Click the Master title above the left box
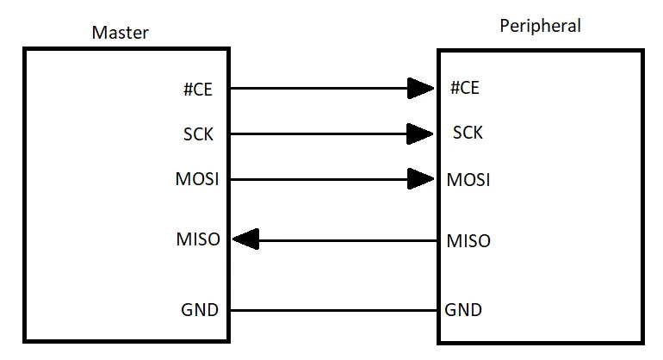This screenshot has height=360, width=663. point(120,33)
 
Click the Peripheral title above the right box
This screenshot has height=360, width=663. point(540,26)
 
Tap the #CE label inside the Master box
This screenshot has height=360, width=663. point(197,88)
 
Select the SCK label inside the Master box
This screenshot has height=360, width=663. point(198,134)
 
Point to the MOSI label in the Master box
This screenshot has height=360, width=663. point(196,180)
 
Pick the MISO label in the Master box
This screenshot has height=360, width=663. point(198,239)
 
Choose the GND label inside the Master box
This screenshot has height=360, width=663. point(200,310)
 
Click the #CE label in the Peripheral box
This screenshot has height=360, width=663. point(465,88)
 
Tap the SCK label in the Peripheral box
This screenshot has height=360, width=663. point(468,133)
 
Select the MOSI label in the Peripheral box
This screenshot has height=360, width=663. point(468,180)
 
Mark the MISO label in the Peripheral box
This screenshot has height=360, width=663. point(468,240)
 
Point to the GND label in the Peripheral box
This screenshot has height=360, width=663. point(463,310)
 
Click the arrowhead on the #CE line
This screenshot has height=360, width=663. point(420,88)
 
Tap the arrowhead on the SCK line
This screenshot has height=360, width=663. point(420,133)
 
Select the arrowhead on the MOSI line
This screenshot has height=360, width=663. point(420,179)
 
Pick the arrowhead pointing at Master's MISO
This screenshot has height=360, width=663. point(246,239)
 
